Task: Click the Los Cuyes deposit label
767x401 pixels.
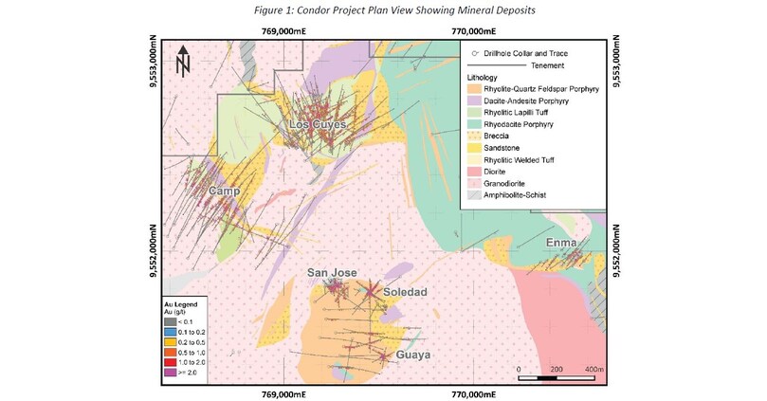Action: click(x=318, y=125)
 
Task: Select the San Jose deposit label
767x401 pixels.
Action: click(x=332, y=273)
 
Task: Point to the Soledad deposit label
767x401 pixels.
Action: click(x=406, y=291)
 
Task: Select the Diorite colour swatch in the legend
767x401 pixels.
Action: click(x=474, y=172)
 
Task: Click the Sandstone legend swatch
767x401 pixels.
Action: click(x=474, y=148)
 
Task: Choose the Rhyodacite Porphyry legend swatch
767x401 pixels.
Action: click(x=474, y=124)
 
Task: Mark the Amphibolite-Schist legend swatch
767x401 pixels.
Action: click(x=474, y=195)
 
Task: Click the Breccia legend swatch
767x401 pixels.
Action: click(x=474, y=136)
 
